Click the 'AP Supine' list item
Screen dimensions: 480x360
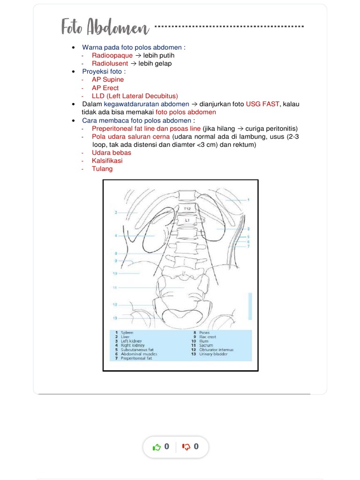(x=108, y=80)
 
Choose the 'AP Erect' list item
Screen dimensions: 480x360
(x=105, y=88)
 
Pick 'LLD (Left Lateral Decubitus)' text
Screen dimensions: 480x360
(x=135, y=96)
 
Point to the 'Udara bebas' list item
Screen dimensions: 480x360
(x=112, y=152)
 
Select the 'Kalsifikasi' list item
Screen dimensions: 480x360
(x=107, y=160)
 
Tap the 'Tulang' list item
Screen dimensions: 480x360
(x=102, y=169)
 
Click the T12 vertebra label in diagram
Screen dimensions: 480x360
(x=187, y=208)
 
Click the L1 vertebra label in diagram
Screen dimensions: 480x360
(x=187, y=219)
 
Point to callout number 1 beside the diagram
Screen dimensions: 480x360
(x=248, y=200)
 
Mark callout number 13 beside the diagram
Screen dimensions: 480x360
(x=114, y=318)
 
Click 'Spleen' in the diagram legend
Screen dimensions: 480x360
(x=127, y=332)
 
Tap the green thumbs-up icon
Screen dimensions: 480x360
(x=157, y=447)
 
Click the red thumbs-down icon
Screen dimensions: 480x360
(x=186, y=447)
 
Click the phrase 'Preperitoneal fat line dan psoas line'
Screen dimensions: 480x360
(x=146, y=128)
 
